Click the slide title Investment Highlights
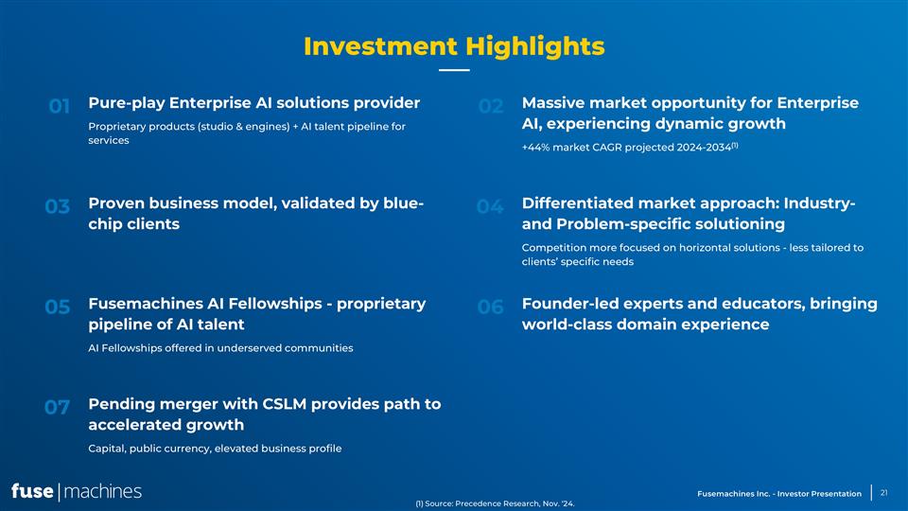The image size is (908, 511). (454, 45)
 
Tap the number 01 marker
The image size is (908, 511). (59, 107)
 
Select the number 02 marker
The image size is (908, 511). (491, 107)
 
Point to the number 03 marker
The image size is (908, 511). (58, 206)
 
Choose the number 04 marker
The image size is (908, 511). (490, 206)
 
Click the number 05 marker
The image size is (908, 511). (58, 308)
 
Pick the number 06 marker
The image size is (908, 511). (491, 308)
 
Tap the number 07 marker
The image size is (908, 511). (58, 408)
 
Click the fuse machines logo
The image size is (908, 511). (77, 491)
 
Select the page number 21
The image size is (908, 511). (884, 492)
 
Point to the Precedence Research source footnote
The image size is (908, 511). (495, 504)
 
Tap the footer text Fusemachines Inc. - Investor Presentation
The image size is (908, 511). (778, 493)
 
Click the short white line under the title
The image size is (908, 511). (454, 70)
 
